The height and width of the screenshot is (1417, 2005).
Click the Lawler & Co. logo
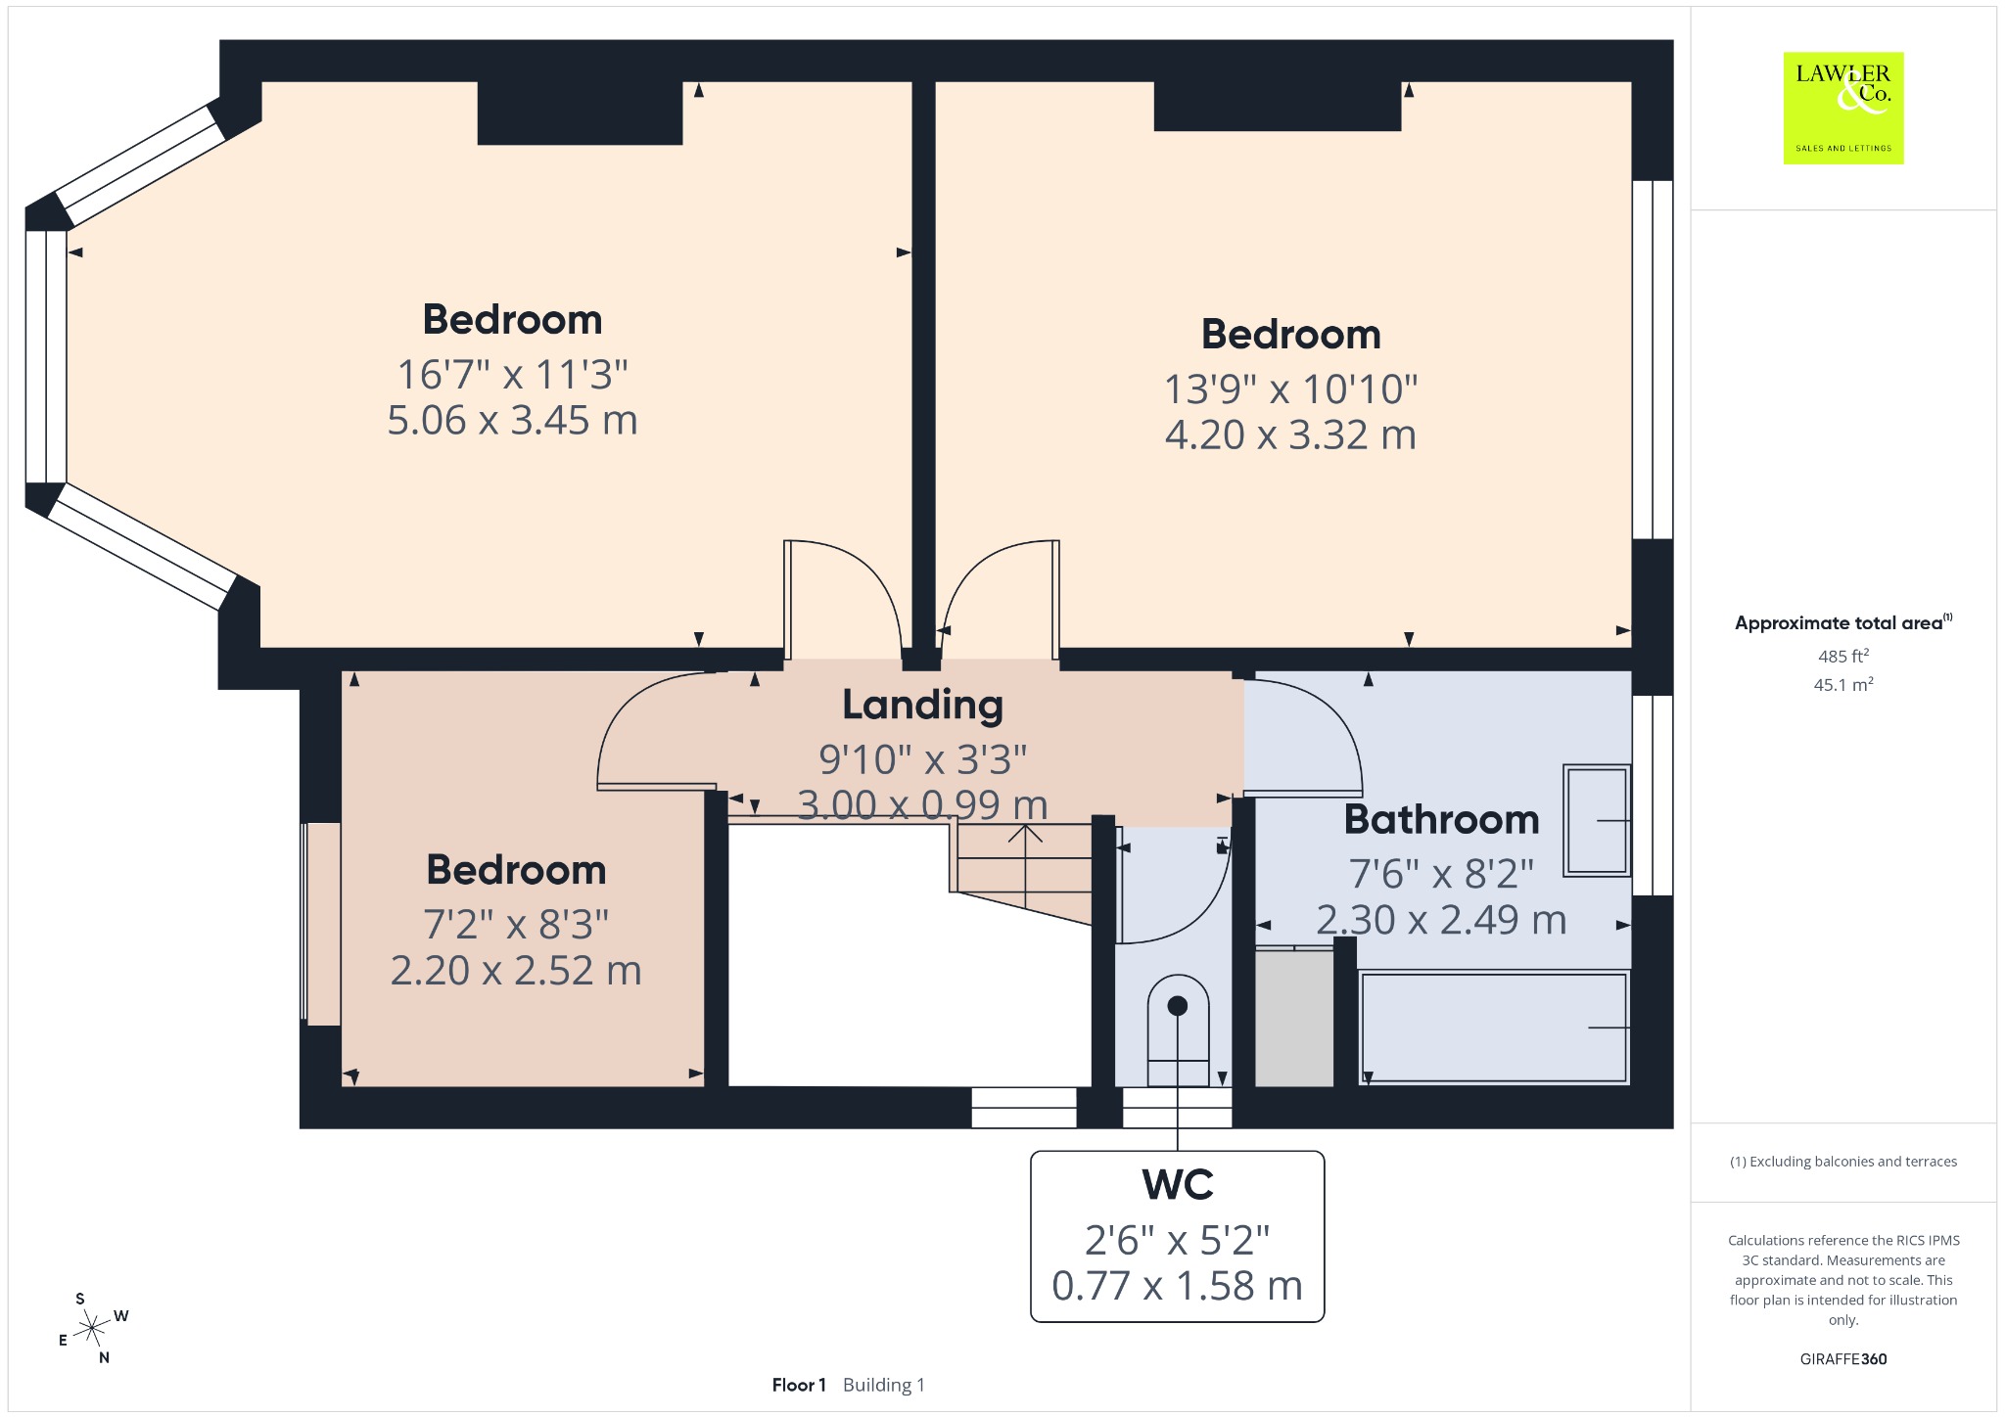click(x=1843, y=108)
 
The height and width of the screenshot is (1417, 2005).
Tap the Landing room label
click(x=923, y=705)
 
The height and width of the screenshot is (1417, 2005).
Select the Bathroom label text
click(x=1441, y=819)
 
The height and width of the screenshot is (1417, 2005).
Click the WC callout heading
click(x=1178, y=1184)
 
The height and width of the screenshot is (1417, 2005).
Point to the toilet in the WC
click(x=1178, y=1029)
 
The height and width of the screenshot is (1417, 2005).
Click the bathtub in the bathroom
click(x=1494, y=1027)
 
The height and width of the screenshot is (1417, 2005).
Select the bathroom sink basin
click(x=1597, y=820)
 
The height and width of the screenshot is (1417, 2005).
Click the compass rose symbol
click(x=92, y=1328)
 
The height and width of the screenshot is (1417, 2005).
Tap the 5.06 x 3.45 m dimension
click(x=512, y=420)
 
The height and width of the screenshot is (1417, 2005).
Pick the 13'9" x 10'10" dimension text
click(x=1290, y=389)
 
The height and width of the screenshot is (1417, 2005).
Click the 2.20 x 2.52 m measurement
click(x=516, y=971)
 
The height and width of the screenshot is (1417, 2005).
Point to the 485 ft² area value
click(x=1843, y=656)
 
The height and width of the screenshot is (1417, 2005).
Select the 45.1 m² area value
click(x=1843, y=684)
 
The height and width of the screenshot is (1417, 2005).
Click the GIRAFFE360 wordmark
click(x=1843, y=1359)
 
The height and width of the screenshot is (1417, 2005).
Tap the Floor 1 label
click(x=799, y=1385)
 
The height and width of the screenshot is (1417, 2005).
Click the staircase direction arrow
click(x=1025, y=867)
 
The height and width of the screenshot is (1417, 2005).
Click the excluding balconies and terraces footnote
click(x=1843, y=1162)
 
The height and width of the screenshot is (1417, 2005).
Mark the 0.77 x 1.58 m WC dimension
click(x=1178, y=1286)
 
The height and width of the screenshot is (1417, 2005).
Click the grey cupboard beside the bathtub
click(x=1294, y=1018)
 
